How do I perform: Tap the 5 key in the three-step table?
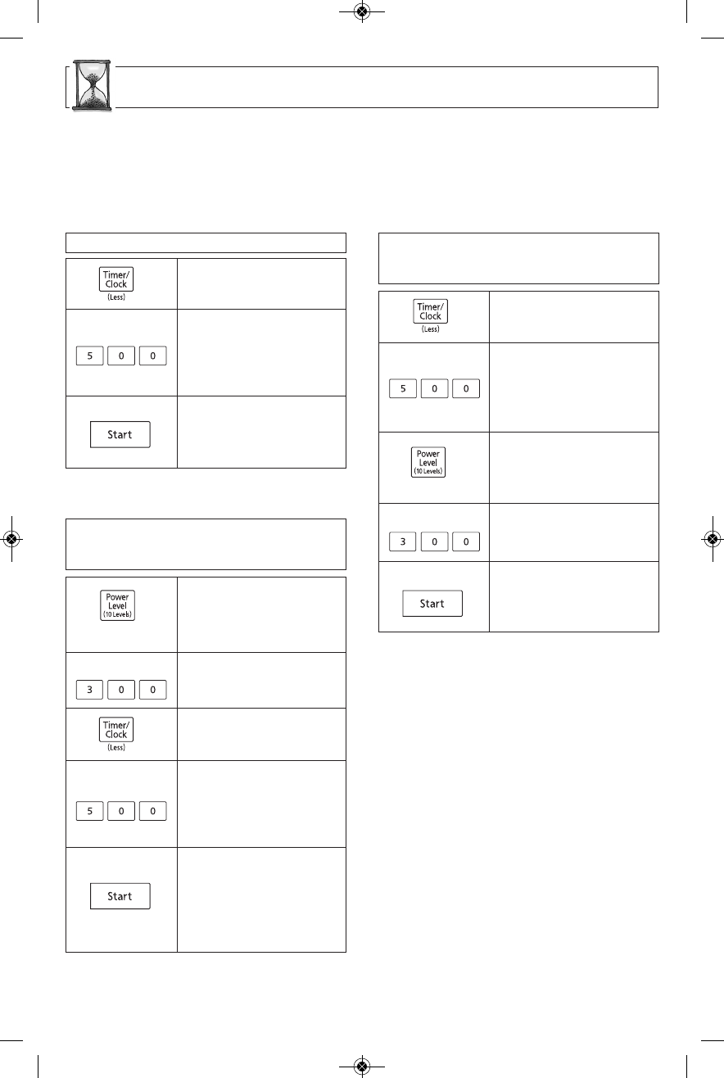89,357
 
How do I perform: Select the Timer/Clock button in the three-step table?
116,279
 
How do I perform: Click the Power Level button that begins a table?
117,605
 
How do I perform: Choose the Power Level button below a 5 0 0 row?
429,462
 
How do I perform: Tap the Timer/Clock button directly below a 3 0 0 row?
116,729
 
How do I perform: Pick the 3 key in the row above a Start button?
403,541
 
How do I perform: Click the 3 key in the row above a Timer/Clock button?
89,691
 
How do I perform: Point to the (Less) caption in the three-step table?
116,297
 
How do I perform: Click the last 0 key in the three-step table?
152,357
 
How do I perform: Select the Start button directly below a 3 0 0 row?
432,604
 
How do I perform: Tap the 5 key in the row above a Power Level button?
403,388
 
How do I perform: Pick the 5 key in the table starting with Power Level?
89,812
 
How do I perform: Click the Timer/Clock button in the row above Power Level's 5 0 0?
116,729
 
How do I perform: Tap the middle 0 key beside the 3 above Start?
435,541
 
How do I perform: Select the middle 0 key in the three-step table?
121,357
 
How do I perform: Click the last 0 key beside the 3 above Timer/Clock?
152,691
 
